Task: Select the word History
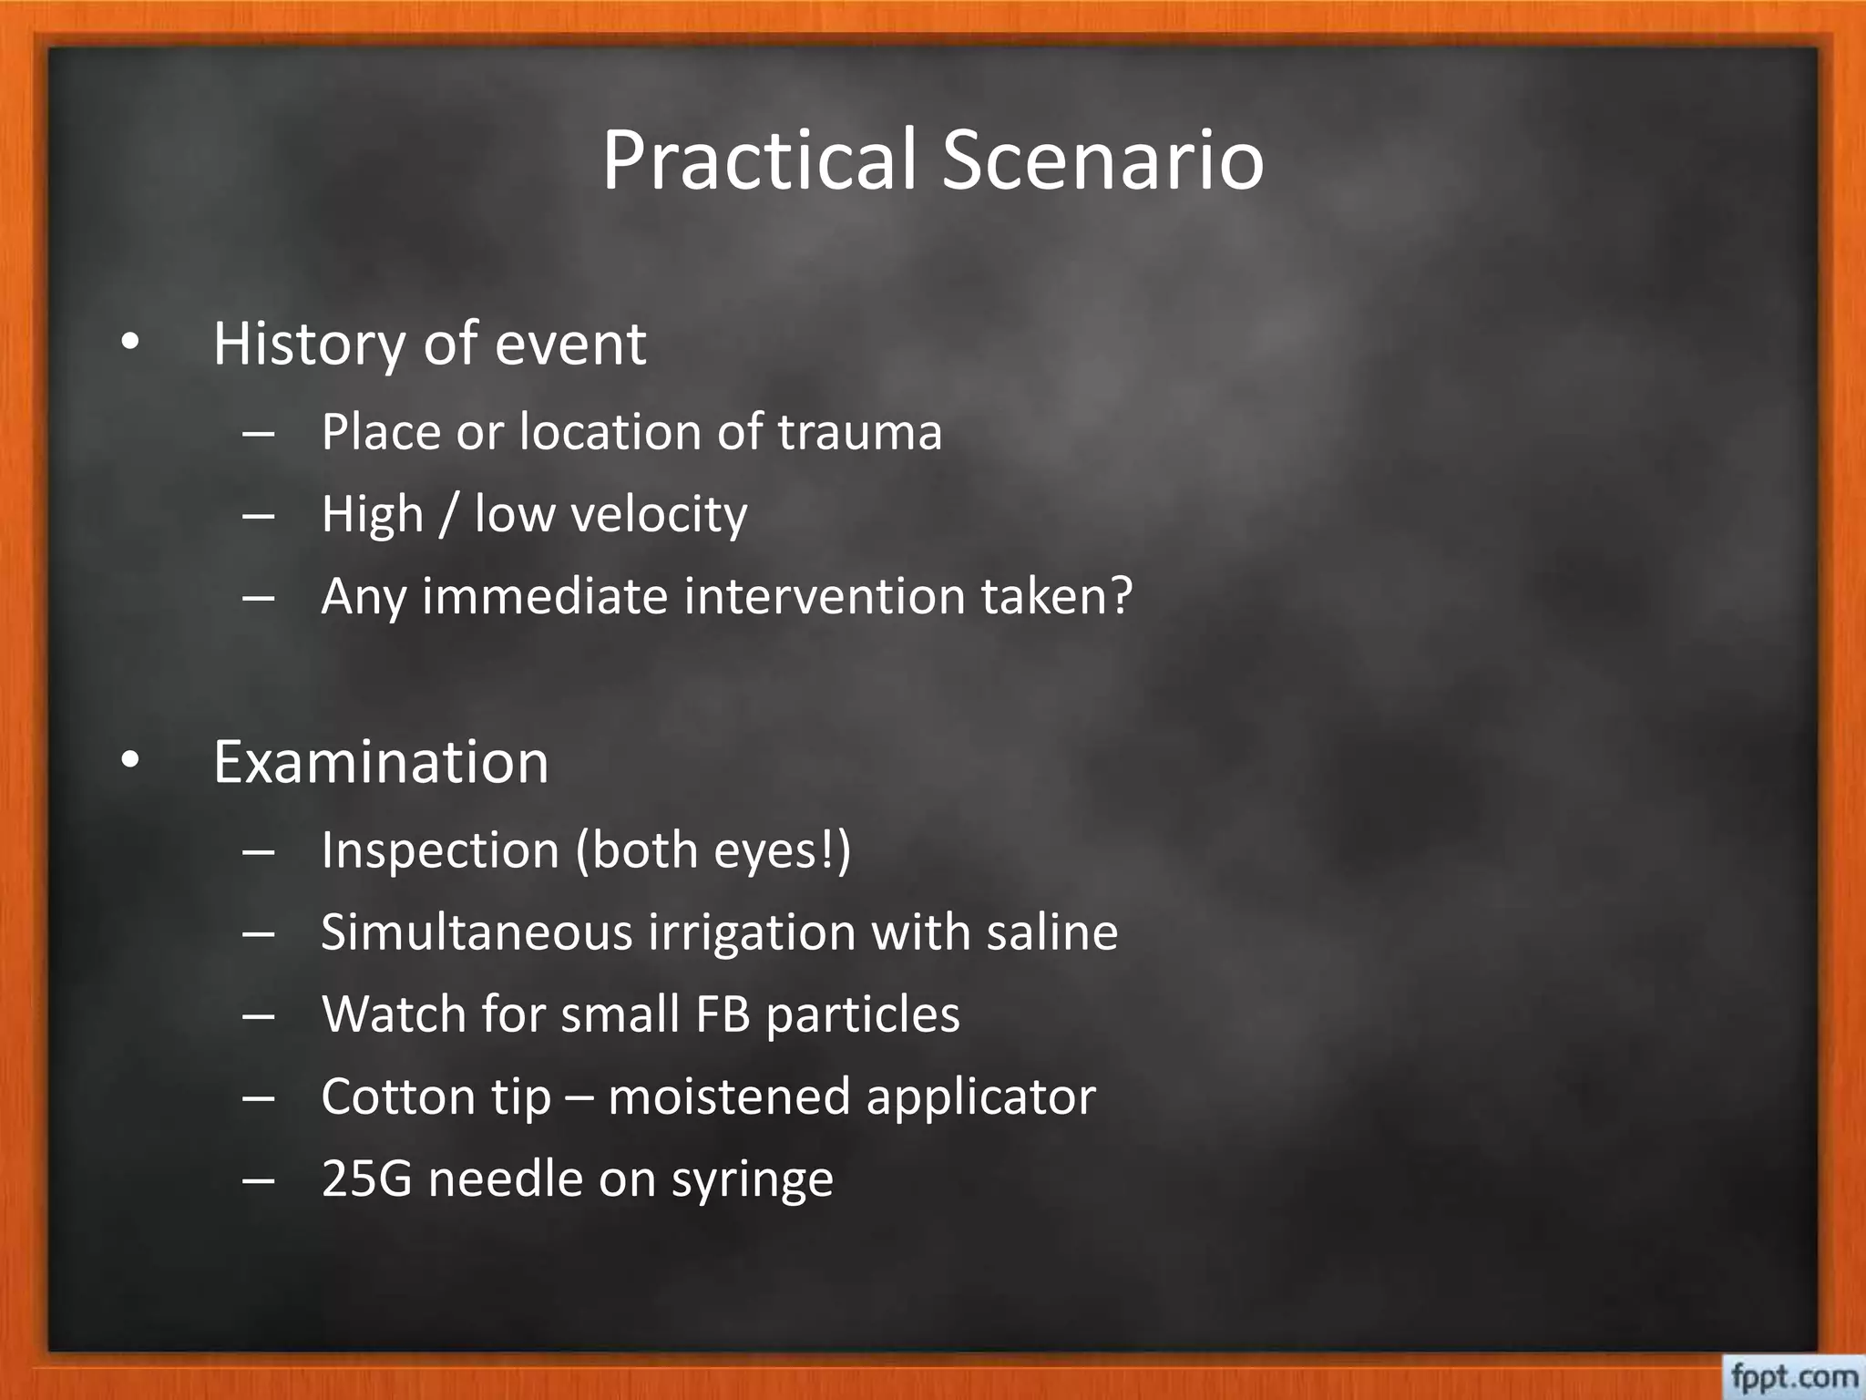pyautogui.click(x=309, y=345)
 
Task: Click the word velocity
pyautogui.click(x=659, y=515)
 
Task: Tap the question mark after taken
pyautogui.click(x=1120, y=596)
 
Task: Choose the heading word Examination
pyautogui.click(x=381, y=762)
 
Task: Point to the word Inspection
pyautogui.click(x=440, y=850)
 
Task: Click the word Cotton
pyautogui.click(x=398, y=1096)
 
